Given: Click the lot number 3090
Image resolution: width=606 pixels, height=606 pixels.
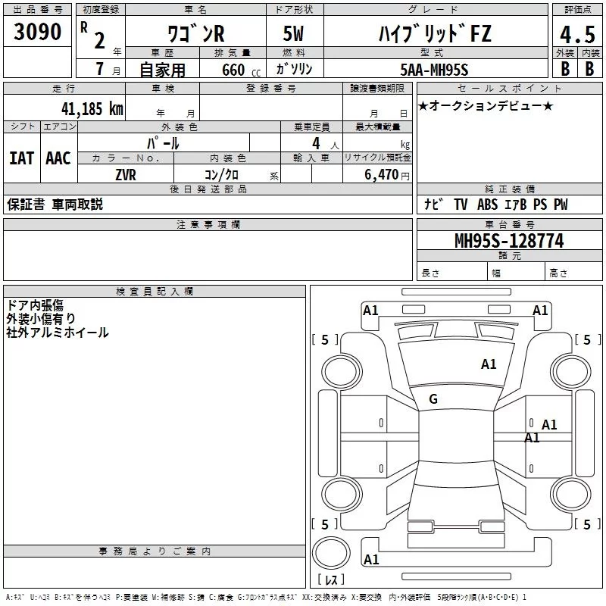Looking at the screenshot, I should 37,33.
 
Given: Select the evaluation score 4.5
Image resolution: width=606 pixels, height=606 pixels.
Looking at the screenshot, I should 576,35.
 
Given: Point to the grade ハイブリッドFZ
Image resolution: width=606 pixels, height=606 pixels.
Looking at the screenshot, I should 435,33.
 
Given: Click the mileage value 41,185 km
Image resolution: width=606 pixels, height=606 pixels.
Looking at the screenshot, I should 87,108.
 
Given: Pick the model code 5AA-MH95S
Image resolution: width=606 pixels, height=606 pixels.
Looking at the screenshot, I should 435,69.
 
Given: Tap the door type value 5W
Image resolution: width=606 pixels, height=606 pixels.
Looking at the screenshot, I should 293,33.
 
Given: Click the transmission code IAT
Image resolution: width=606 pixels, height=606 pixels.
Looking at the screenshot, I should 21,158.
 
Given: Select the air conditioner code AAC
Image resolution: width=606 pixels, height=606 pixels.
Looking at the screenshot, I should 58,158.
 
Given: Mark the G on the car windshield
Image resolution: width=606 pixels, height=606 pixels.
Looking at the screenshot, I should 433,399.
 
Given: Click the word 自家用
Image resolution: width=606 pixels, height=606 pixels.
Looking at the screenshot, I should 162,70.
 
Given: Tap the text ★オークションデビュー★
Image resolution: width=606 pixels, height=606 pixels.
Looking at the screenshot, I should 486,105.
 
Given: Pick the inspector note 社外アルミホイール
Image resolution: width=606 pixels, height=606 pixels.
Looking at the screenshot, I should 58,333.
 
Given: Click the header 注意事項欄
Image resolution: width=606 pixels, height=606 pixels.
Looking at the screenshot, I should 208,224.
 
